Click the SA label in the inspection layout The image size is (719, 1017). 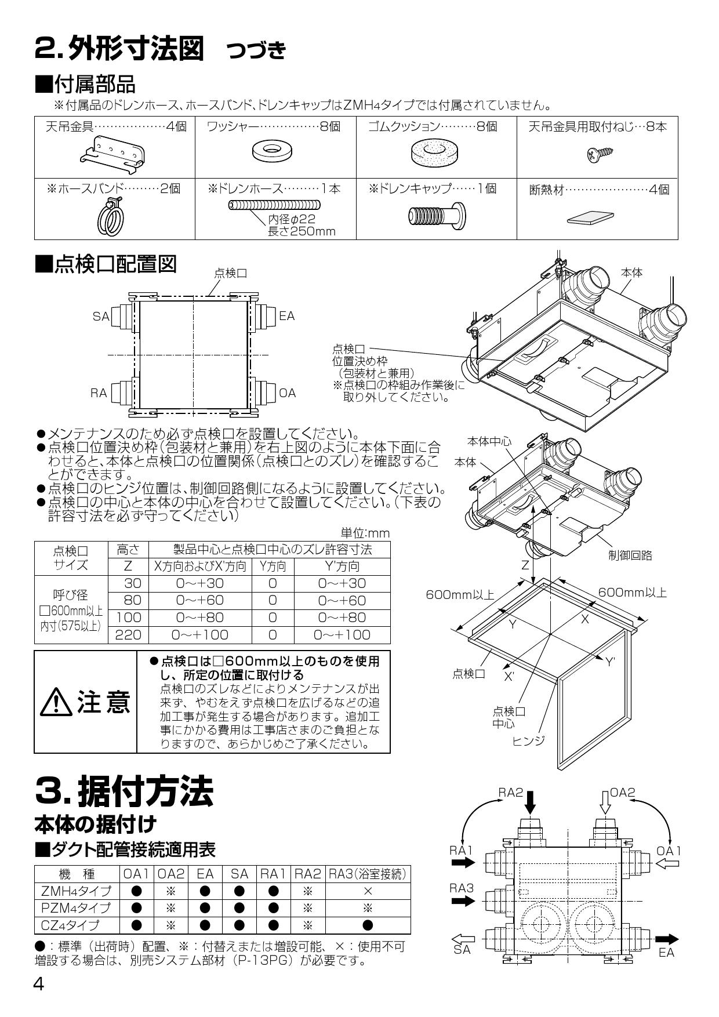(x=100, y=317)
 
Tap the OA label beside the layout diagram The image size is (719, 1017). (x=288, y=393)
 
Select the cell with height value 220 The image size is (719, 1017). (x=128, y=634)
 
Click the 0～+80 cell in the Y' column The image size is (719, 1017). (x=342, y=618)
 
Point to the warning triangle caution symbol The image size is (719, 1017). (x=56, y=703)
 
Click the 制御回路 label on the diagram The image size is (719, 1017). (x=630, y=555)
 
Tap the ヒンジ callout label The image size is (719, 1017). (x=528, y=740)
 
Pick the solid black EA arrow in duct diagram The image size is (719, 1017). (x=667, y=939)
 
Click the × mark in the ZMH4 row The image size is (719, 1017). (x=368, y=891)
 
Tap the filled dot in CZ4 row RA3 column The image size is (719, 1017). (x=368, y=925)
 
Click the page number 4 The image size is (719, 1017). (x=39, y=984)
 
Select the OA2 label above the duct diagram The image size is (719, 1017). (x=623, y=793)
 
